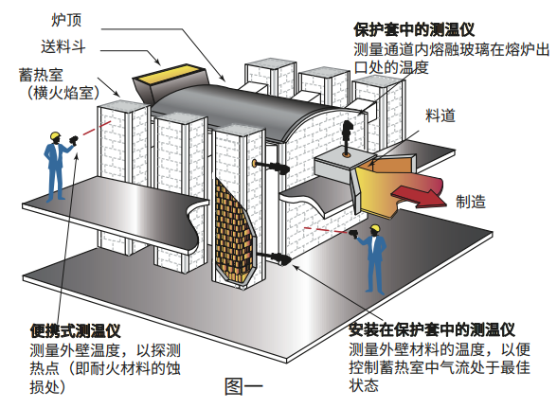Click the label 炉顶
pos(66,20)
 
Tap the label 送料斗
pos(63,46)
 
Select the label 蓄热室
pos(42,76)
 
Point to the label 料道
pos(440,115)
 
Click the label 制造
pos(471,202)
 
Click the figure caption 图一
pos(244,386)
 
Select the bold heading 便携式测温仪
pos(76,331)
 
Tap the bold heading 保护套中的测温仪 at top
pos(414,30)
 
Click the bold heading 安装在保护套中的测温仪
pos(432,329)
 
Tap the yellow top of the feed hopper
pos(169,74)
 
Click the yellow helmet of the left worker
pos(55,135)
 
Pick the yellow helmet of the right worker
pos(375,227)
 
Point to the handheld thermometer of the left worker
pos(74,140)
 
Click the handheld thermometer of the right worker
pos(354,234)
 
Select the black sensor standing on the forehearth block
pos(347,137)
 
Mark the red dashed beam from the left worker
pos(97,128)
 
